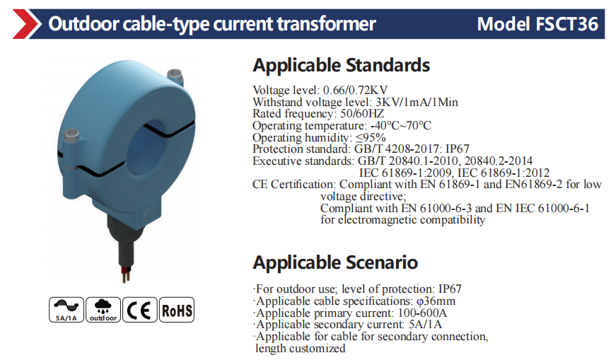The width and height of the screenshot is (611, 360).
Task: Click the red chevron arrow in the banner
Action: coord(26,24)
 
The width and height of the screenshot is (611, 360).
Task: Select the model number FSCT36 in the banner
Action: coord(567,24)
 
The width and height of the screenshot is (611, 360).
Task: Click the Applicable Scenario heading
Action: coord(335,262)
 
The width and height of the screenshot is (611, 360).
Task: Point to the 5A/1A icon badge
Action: coord(66,310)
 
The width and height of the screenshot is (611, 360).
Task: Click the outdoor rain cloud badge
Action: coord(103,310)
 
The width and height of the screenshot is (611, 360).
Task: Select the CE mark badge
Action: coord(139,310)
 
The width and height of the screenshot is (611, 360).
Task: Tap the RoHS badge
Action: coord(177,310)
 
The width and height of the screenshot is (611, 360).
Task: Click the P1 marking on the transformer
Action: coord(149,212)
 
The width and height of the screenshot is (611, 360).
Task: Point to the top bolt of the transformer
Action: coord(174,76)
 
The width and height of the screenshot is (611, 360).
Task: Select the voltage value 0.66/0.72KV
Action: coord(356,91)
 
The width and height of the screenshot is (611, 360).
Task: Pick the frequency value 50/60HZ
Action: coord(362,114)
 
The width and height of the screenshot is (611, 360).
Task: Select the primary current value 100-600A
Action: coord(422,313)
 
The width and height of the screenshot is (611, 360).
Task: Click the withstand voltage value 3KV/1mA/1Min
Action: coord(417,102)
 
